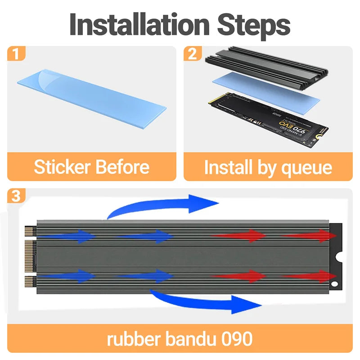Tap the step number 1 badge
[x=16, y=54]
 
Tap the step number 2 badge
[x=192, y=54]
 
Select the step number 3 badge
[x=16, y=196]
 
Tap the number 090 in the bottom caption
[x=237, y=338]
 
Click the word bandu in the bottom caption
[x=189, y=338]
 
